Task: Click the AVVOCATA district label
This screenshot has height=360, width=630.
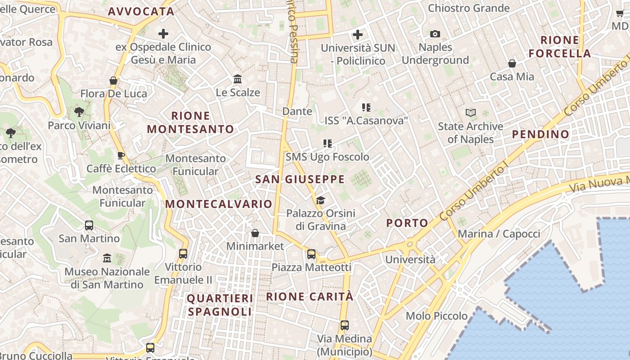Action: click(141, 12)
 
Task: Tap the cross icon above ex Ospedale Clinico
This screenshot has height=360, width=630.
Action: click(163, 34)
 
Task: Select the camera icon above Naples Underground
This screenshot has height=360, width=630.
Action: click(435, 34)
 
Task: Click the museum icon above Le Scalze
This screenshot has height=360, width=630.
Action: click(238, 80)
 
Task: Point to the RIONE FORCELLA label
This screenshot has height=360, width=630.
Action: click(559, 47)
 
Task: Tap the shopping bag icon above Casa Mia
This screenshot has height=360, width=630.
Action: click(512, 63)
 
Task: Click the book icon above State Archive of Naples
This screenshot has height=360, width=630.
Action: click(470, 112)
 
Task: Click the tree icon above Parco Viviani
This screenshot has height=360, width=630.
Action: click(79, 112)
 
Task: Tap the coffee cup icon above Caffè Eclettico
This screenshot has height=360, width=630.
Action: click(121, 156)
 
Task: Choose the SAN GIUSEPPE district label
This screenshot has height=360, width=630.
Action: click(300, 180)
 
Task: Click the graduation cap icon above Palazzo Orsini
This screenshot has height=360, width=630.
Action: click(320, 200)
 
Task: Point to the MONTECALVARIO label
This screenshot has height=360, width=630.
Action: click(219, 204)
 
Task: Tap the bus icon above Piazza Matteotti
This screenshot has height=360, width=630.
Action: click(311, 254)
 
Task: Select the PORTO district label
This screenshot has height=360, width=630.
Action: click(407, 223)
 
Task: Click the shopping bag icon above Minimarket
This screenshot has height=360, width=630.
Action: click(255, 233)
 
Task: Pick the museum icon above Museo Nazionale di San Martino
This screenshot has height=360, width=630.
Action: click(107, 258)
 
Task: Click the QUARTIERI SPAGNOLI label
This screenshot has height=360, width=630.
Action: click(220, 305)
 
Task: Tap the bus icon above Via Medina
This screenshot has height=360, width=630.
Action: click(344, 325)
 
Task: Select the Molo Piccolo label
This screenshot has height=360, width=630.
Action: click(436, 316)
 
